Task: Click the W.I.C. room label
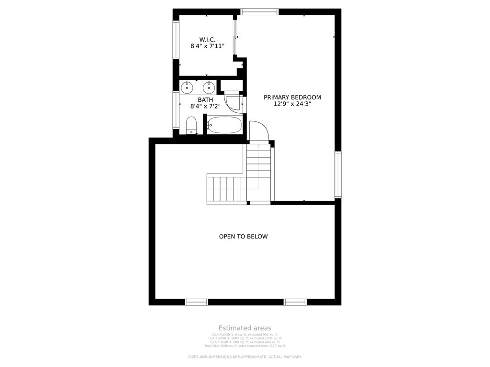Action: (207, 39)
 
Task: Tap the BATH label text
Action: (205, 99)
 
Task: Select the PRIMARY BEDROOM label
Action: (292, 97)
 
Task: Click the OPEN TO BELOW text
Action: (243, 237)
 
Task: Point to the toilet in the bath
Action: (191, 125)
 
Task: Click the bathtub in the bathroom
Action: (225, 125)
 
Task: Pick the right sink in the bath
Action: (209, 88)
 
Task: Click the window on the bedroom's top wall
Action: (259, 11)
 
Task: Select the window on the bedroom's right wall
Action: (338, 175)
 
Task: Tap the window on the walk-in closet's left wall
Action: (176, 40)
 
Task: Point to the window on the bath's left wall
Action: (176, 110)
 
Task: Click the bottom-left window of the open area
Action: (197, 302)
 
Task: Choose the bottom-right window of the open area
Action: (295, 302)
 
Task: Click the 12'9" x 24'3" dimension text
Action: (292, 104)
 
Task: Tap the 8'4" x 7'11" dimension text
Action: (207, 46)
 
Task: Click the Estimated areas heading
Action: (245, 328)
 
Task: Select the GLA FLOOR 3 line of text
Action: (245, 342)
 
